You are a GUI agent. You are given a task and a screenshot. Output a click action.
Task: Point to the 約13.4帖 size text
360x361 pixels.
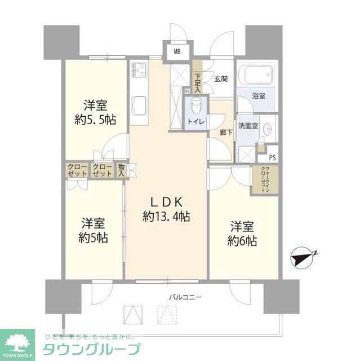(166, 216)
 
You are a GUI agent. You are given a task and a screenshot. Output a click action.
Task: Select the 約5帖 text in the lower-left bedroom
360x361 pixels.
(93, 237)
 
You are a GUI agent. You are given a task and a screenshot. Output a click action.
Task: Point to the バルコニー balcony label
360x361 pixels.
(184, 297)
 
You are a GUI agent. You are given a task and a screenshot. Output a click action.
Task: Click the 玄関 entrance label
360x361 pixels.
(221, 79)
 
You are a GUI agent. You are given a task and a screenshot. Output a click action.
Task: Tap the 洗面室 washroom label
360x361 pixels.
(248, 126)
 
